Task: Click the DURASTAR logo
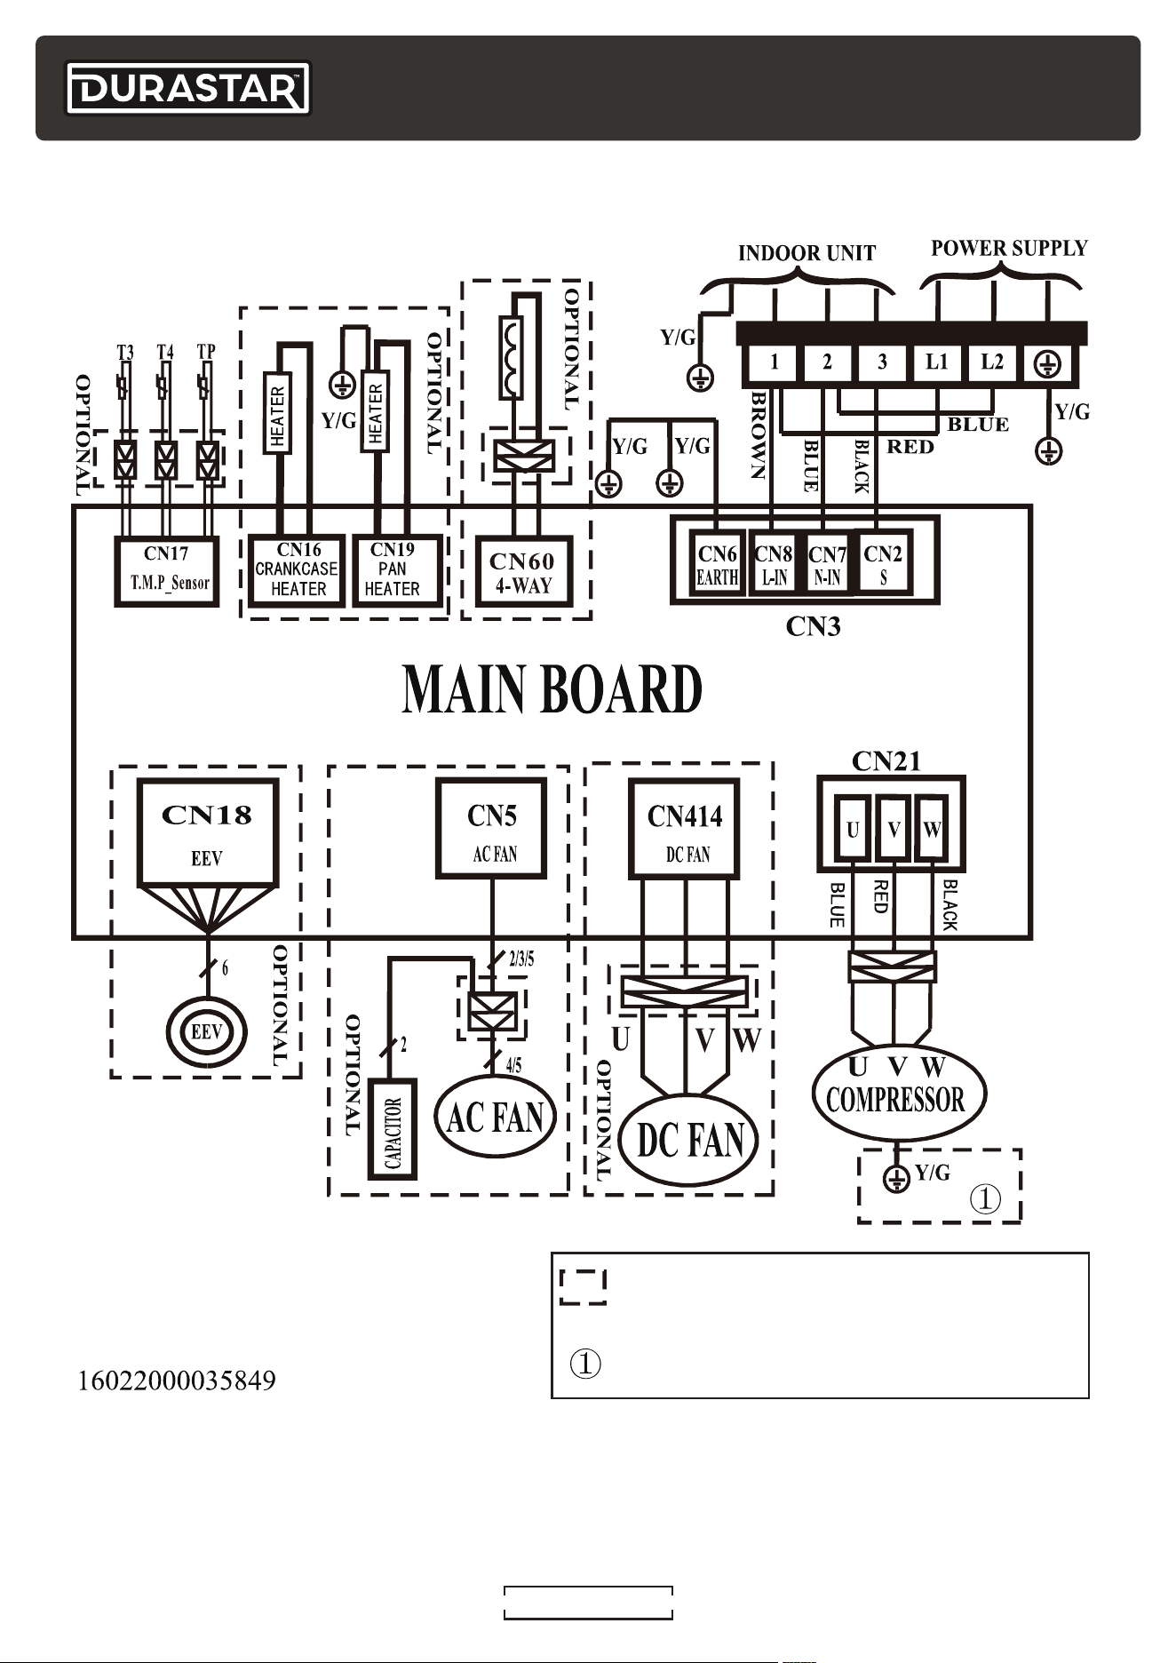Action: [x=187, y=88]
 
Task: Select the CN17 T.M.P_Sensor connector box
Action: [x=167, y=571]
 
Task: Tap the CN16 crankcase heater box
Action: [x=297, y=571]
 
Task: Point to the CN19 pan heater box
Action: [x=397, y=571]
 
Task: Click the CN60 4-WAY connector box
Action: [x=524, y=571]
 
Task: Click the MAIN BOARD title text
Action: [x=552, y=689]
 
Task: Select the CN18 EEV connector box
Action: [x=208, y=832]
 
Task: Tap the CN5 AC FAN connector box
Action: [x=491, y=828]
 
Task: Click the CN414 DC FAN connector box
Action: [x=684, y=829]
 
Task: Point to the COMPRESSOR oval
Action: [x=899, y=1093]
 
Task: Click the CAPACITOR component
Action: [x=393, y=1129]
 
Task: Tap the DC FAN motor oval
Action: [x=690, y=1140]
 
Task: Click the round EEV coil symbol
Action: [x=207, y=1032]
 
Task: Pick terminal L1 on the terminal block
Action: [x=937, y=362]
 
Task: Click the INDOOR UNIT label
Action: [x=807, y=253]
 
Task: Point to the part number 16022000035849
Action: [x=178, y=1381]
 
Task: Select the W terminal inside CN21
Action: [x=932, y=830]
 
